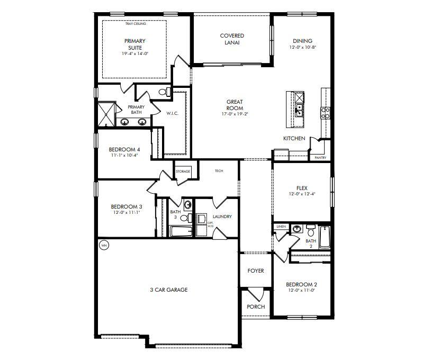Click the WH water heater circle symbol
click(104, 245)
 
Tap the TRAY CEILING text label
click(135, 24)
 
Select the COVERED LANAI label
click(232, 39)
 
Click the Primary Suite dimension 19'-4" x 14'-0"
click(135, 53)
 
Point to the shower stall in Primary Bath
click(105, 113)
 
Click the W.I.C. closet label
click(173, 113)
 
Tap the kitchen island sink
click(299, 111)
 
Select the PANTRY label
click(320, 157)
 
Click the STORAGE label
click(183, 172)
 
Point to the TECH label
click(219, 171)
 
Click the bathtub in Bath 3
click(180, 231)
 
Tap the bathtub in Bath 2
click(324, 237)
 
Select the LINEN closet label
click(281, 227)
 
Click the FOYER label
click(256, 271)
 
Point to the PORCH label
click(256, 307)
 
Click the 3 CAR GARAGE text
click(169, 290)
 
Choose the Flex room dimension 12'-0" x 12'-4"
click(301, 194)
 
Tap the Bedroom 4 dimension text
click(124, 156)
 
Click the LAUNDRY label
click(222, 217)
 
